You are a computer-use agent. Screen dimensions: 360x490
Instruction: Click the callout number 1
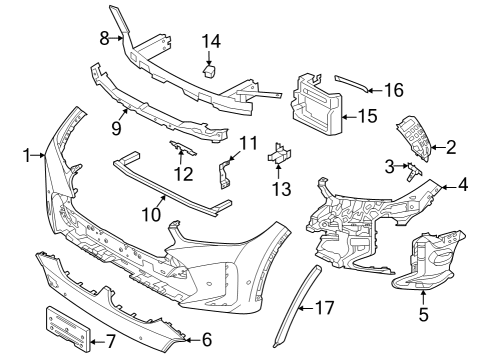click(26, 155)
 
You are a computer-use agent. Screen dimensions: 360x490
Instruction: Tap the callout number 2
click(451, 148)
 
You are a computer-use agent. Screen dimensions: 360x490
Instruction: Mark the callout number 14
click(211, 41)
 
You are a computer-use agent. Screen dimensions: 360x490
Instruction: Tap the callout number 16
click(393, 90)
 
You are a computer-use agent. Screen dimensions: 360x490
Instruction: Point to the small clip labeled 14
click(211, 70)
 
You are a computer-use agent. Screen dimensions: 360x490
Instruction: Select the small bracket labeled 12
click(181, 150)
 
